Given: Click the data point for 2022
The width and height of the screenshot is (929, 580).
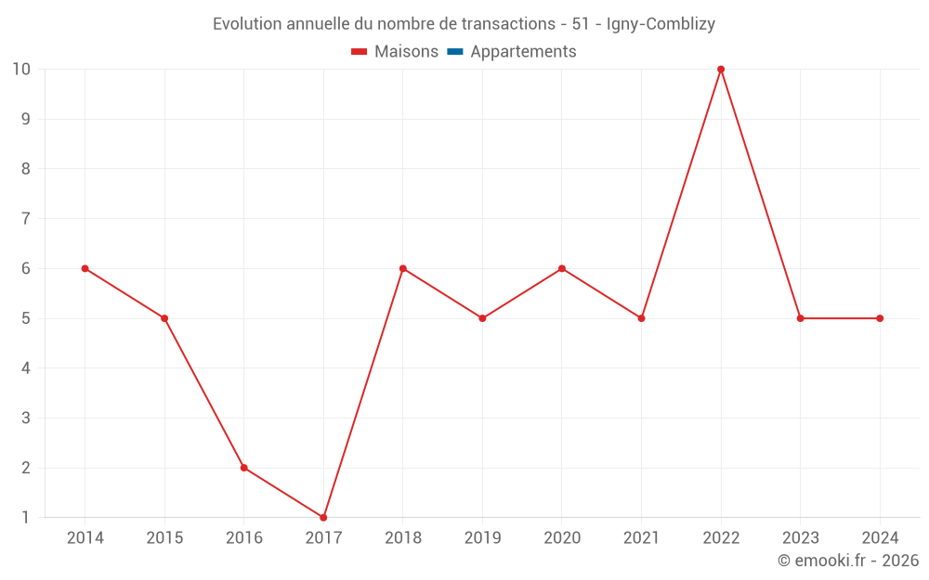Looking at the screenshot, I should [721, 70].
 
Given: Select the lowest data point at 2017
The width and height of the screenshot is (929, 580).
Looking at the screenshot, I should [323, 517].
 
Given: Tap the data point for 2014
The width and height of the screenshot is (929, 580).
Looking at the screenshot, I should [85, 268].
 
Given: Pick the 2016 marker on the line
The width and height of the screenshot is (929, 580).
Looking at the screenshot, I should [243, 468].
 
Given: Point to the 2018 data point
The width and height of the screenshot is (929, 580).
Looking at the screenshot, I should [403, 268].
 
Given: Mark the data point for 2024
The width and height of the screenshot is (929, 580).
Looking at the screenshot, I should [880, 318].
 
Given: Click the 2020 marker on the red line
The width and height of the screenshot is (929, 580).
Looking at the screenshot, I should [562, 268].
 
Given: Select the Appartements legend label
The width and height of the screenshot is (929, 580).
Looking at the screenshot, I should [523, 52].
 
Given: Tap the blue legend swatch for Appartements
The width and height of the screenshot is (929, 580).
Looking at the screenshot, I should [455, 52].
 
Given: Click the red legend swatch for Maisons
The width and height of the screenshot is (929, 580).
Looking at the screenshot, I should [360, 52].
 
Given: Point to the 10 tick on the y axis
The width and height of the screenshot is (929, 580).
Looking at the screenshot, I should [21, 70].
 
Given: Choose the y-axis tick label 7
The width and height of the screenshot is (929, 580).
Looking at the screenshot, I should [26, 219].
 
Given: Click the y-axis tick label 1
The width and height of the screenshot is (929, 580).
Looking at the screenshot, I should [26, 517].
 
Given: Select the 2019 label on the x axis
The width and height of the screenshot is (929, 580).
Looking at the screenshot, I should [482, 538].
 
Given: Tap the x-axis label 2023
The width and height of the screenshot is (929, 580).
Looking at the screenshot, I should [800, 538].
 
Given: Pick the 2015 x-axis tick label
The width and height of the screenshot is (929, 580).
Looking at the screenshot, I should [164, 538].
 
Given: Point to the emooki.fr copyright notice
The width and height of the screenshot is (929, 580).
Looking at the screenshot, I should [848, 561].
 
